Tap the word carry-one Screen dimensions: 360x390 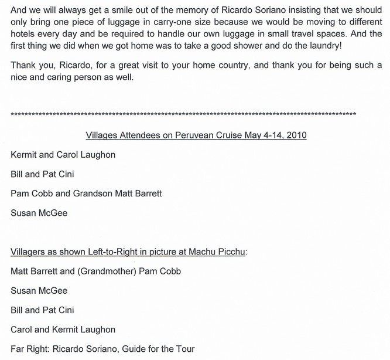pos(161,22)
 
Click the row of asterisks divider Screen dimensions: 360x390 pos(183,114)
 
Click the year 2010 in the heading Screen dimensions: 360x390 pos(296,135)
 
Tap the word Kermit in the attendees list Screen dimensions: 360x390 pos(25,155)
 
